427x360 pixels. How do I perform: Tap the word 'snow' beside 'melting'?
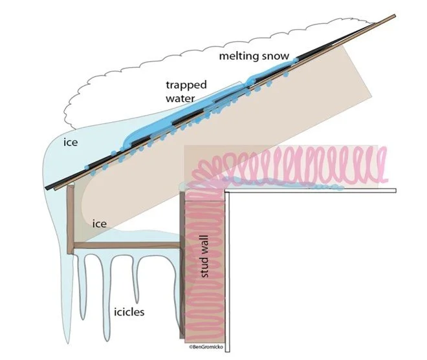coord(274,56)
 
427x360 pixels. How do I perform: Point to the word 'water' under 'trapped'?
coord(179,99)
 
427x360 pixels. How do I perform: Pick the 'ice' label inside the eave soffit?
coord(99,224)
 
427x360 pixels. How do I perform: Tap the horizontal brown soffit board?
coord(123,246)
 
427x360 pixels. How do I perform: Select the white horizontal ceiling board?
coord(311,191)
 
